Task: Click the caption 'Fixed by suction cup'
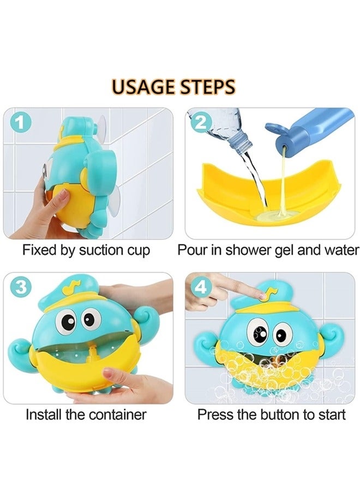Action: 86,250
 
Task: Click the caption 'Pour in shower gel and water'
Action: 268,250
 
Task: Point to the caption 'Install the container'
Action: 86,414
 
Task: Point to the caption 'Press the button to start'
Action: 271,414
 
